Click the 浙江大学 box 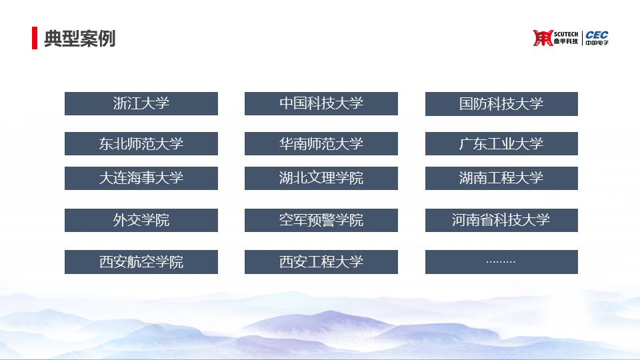[x=141, y=104]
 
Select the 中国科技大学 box [x=321, y=104]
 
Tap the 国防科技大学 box [x=501, y=104]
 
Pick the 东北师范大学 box [x=141, y=144]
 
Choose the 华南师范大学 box [x=321, y=144]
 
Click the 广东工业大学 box [x=501, y=144]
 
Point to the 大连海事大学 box [x=141, y=179]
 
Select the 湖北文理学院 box [x=321, y=179]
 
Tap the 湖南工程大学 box [x=501, y=179]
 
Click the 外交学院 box [x=141, y=221]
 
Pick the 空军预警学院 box [x=321, y=221]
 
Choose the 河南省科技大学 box [x=501, y=221]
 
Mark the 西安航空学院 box [x=141, y=262]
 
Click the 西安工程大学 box [x=321, y=262]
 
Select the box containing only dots [x=501, y=262]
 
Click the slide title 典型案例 [x=79, y=39]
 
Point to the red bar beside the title [x=35, y=38]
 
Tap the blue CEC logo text [x=597, y=35]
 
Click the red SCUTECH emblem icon [x=543, y=38]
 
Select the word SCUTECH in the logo [x=566, y=34]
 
